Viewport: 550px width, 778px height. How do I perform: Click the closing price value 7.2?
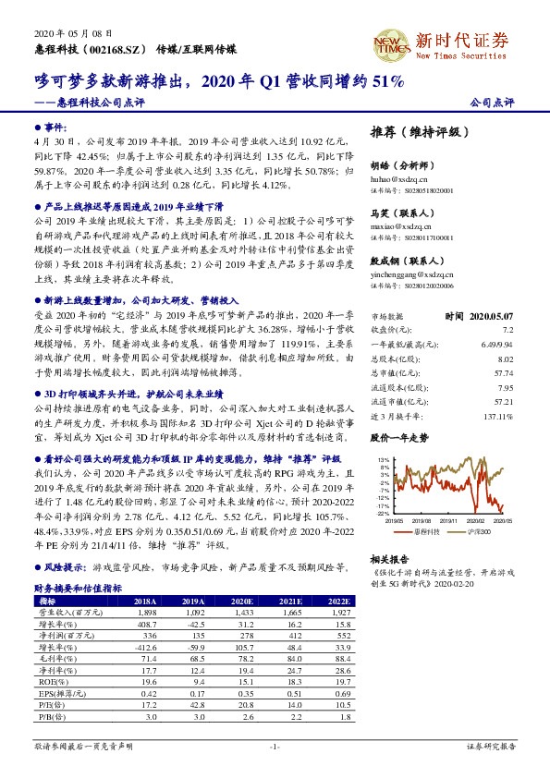click(507, 329)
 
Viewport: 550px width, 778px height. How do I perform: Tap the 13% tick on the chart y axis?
click(383, 459)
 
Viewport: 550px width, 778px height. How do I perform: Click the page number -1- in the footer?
click(275, 746)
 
